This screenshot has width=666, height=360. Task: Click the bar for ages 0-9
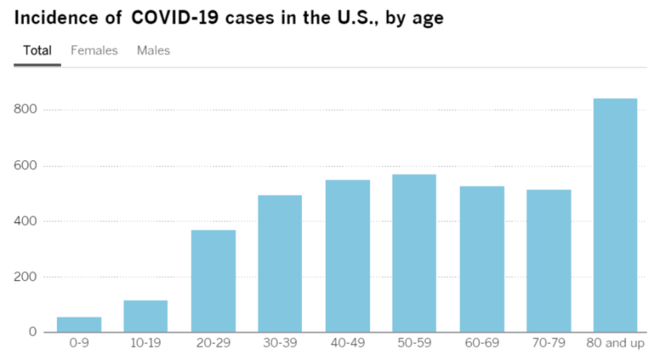click(78, 324)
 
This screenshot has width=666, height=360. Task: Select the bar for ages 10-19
click(146, 316)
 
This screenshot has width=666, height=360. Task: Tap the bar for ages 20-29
click(213, 281)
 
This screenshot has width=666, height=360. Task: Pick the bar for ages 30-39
click(280, 263)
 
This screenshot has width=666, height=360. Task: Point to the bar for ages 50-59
click(414, 253)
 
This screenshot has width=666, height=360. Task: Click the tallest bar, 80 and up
click(615, 215)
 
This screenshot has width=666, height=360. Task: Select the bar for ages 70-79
click(549, 260)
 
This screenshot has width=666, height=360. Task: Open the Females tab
click(94, 51)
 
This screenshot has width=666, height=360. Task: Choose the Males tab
click(153, 51)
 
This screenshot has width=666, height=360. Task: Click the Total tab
click(37, 51)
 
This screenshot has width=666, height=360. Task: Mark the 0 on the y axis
click(34, 332)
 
